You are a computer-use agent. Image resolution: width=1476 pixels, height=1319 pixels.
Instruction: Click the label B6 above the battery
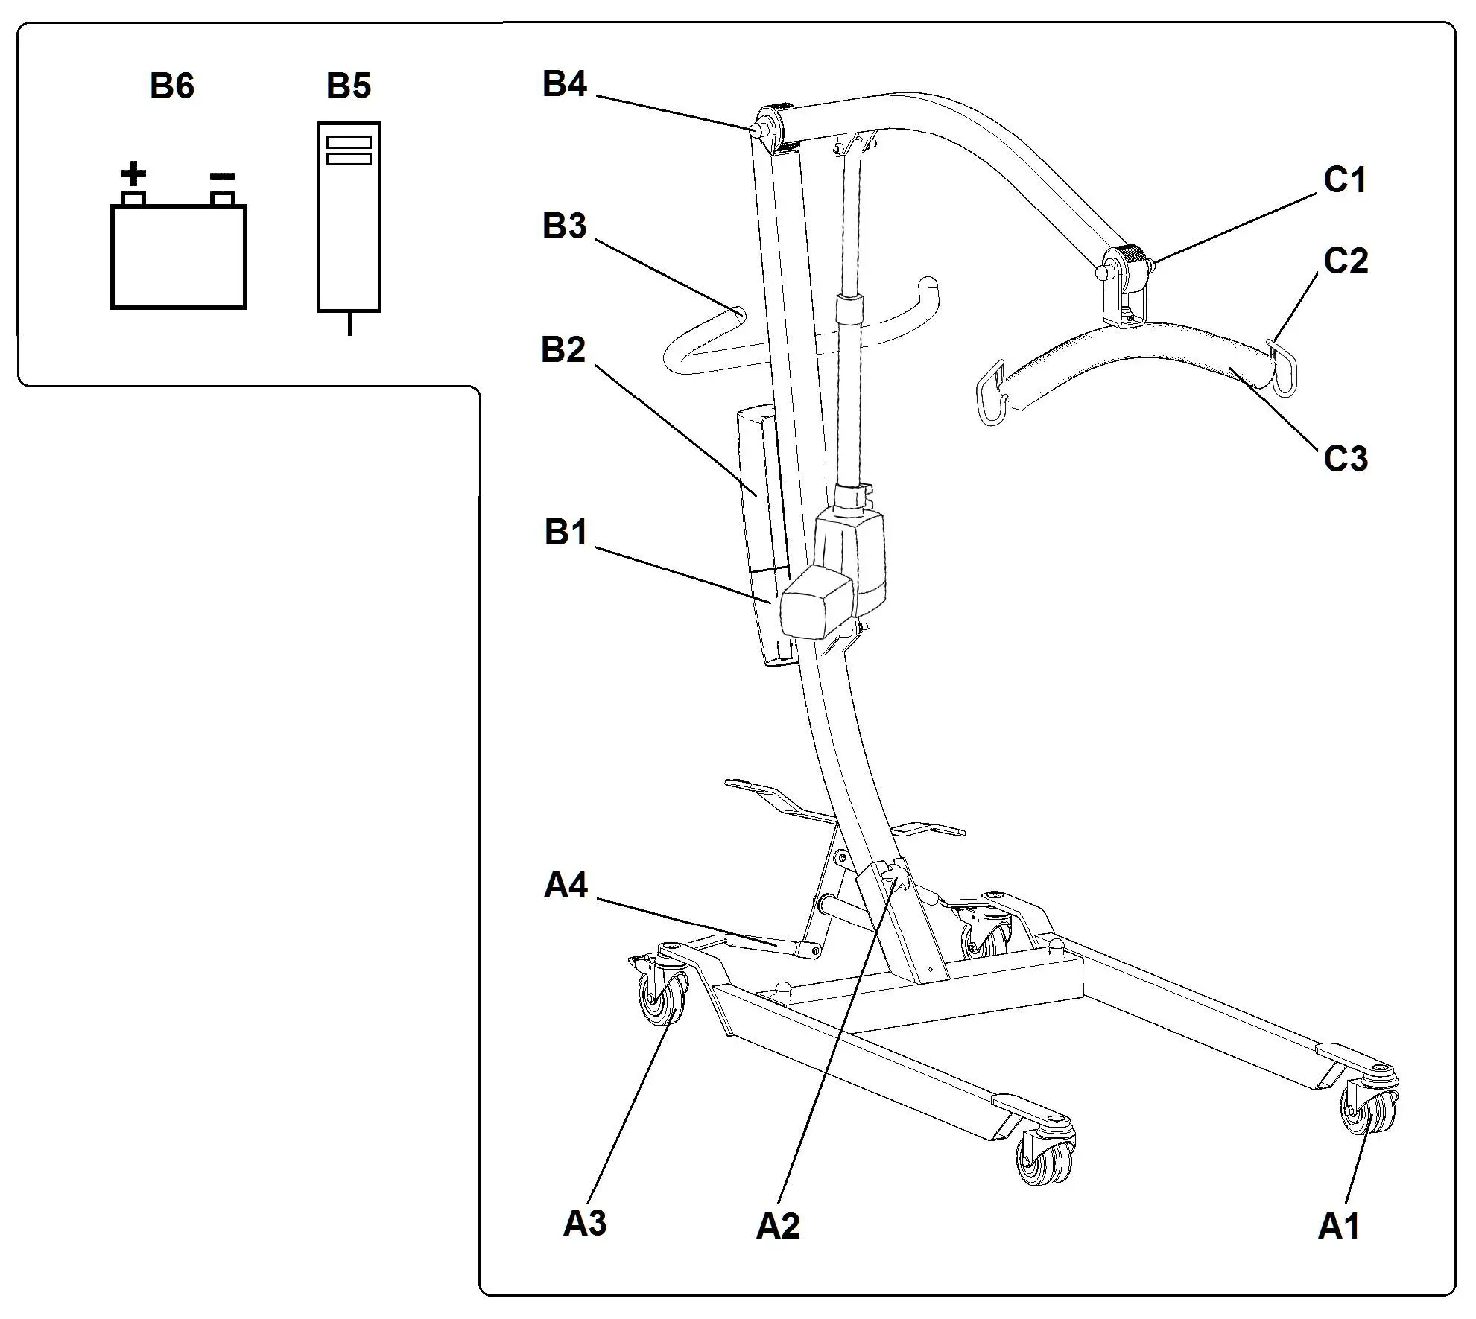pos(172,86)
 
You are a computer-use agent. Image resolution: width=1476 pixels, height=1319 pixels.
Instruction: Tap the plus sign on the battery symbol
pos(133,174)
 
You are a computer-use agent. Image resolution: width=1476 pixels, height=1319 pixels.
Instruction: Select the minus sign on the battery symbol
pos(223,177)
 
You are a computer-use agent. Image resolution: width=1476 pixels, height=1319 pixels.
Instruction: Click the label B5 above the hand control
pos(349,86)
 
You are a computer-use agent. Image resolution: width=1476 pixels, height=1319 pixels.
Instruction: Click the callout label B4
pos(565,84)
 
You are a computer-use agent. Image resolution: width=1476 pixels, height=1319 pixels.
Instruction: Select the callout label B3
pos(565,226)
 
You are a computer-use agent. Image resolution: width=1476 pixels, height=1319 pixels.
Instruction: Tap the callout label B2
pos(563,350)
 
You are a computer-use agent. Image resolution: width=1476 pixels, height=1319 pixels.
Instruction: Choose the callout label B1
pos(566,533)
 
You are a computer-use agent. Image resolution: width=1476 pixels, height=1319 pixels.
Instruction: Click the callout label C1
pos(1345,180)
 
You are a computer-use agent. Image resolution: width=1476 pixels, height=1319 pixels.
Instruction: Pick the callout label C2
pos(1346,261)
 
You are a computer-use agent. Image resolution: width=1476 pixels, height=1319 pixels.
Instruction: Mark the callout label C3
pos(1346,459)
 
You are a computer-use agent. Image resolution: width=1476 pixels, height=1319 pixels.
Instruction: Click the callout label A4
pos(566,886)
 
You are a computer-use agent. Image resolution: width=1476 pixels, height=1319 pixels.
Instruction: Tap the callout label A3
pos(585,1224)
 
